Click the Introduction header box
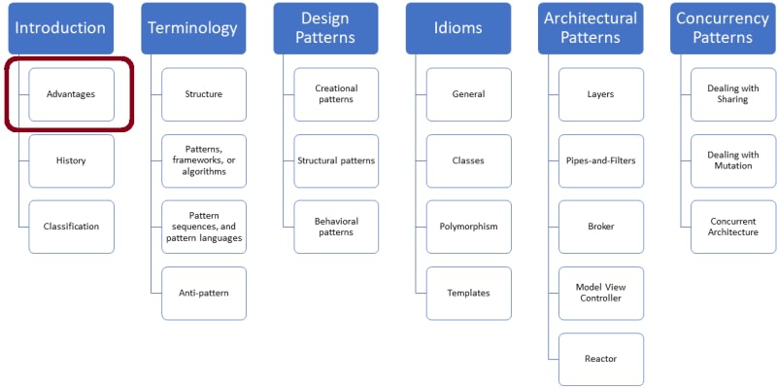(61, 28)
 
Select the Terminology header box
(193, 28)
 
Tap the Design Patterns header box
(325, 28)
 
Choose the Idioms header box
(458, 28)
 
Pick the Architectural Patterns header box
(591, 28)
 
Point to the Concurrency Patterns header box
(723, 28)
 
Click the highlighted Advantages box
(71, 94)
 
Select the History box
(71, 160)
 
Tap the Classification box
(71, 227)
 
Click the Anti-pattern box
(204, 294)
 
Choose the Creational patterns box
(336, 94)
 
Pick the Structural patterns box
(336, 160)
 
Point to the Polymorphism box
(469, 227)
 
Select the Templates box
(469, 294)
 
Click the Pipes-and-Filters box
(601, 160)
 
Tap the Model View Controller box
(601, 294)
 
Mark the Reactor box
(601, 359)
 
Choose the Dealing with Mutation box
(733, 160)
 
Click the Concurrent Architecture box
(733, 227)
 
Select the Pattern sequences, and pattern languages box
(204, 227)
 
